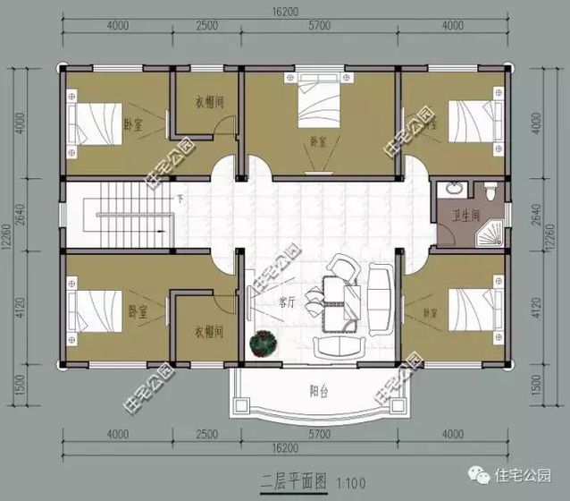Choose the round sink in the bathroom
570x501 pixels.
[x=454, y=189]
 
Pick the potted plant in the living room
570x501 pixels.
[x=264, y=344]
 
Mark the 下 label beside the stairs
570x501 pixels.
[x=180, y=199]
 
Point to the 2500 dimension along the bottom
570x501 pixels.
[x=205, y=435]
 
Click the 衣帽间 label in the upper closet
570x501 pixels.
[x=209, y=102]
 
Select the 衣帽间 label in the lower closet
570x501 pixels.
[x=208, y=330]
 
